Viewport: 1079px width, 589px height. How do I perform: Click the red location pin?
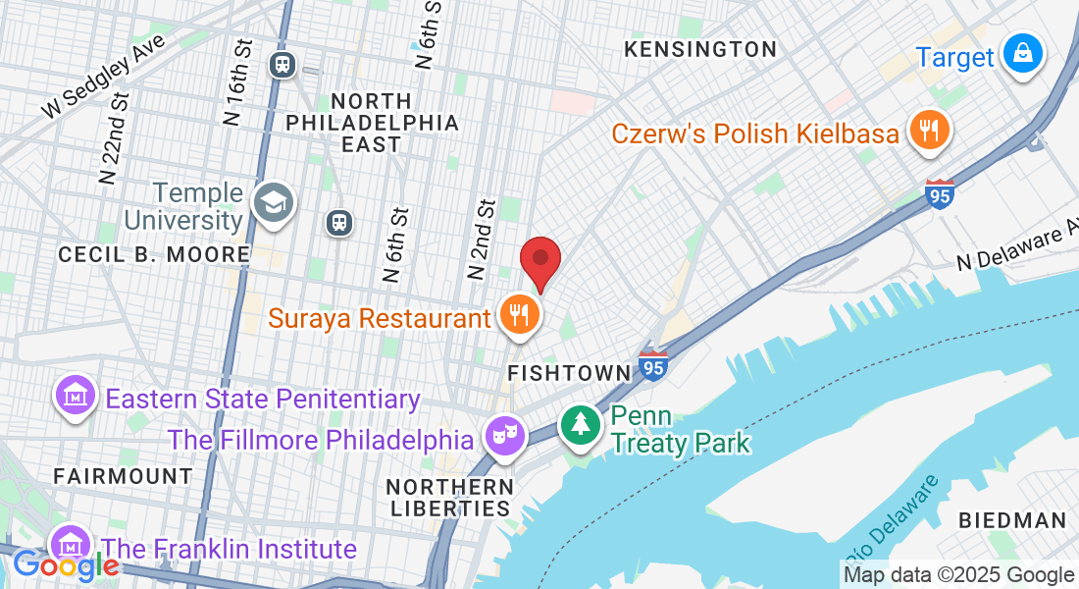tap(539, 260)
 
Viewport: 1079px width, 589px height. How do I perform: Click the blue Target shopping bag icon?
tap(1022, 54)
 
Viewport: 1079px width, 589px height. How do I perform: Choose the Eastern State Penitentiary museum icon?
tap(76, 396)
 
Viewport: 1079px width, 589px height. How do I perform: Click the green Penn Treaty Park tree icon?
tap(582, 424)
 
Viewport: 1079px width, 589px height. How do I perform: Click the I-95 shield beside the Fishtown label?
tap(653, 365)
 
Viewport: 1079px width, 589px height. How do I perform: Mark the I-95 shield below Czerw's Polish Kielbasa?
tap(940, 194)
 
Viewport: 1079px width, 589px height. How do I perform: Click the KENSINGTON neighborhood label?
tap(700, 49)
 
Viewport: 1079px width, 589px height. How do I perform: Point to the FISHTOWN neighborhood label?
tap(569, 373)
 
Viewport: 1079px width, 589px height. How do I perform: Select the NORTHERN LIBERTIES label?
tap(449, 497)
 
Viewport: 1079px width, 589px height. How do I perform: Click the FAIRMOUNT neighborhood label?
tap(123, 476)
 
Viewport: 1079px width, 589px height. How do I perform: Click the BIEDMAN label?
tap(1012, 520)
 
